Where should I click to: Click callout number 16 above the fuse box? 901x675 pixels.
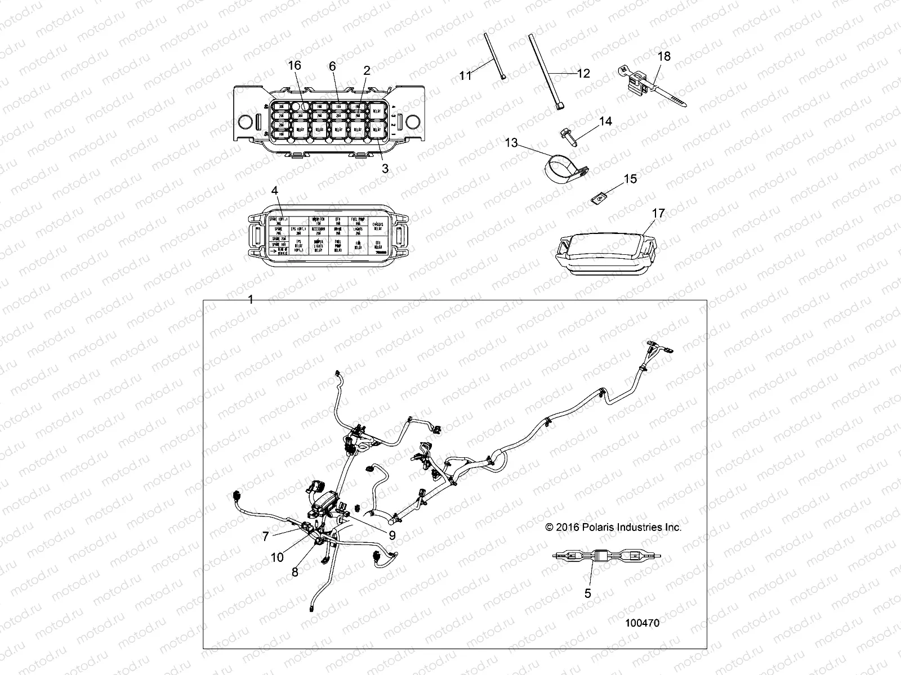pos(295,66)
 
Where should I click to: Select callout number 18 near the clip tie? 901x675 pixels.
pos(664,56)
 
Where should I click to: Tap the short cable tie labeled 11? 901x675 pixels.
pos(493,57)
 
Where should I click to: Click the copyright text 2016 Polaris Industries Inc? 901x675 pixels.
pos(613,527)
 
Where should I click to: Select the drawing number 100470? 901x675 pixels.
pos(642,623)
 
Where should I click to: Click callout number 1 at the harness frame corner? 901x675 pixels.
pos(251,300)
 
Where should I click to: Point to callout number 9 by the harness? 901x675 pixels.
pos(392,536)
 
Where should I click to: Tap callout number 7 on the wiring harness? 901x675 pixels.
pos(265,537)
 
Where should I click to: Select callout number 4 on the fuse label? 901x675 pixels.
pos(274,191)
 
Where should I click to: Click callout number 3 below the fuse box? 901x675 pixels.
pos(385,168)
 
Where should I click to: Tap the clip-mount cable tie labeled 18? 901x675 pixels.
pos(653,88)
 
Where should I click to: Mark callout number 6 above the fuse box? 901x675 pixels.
pos(332,66)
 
